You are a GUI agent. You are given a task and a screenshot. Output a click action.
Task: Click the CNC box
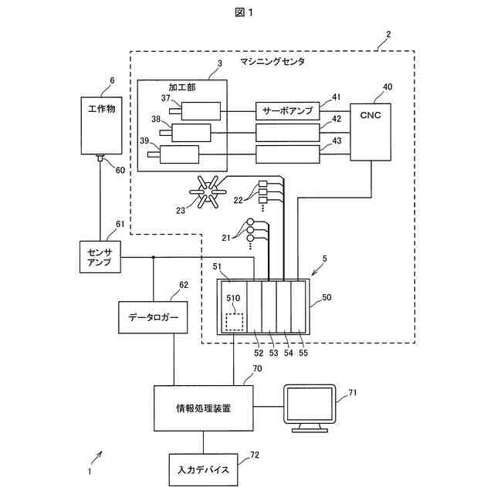point(371,131)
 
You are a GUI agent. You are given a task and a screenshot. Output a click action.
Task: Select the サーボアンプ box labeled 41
point(288,111)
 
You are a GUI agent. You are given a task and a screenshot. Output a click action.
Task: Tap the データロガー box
point(153,317)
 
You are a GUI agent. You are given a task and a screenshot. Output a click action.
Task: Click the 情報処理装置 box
point(204,407)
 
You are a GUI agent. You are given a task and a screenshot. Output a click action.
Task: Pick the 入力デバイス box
point(203,469)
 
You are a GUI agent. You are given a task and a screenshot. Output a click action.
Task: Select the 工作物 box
point(101,125)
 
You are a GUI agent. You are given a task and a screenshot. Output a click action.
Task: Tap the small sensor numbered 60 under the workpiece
point(100,159)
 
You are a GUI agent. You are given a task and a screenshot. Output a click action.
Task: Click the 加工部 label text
point(182,87)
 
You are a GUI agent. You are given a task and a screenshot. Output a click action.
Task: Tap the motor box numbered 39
point(179,154)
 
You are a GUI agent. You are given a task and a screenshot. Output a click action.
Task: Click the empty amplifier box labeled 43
point(288,154)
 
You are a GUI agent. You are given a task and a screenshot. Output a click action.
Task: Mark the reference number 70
point(257,369)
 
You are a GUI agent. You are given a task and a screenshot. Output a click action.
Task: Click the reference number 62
point(184,285)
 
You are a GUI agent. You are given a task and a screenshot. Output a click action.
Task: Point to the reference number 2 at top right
point(388,34)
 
